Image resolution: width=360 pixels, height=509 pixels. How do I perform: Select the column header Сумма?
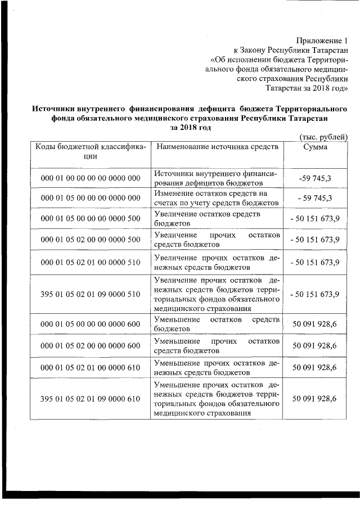(x=316, y=147)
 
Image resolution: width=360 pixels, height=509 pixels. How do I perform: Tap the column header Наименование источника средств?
(x=217, y=147)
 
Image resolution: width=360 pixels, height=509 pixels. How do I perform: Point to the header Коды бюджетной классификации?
(x=90, y=151)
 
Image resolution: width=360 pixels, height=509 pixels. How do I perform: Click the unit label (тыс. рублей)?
(x=322, y=137)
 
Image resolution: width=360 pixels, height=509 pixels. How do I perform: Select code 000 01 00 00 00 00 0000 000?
(x=90, y=178)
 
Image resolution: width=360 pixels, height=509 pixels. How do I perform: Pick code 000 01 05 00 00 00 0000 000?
(x=90, y=198)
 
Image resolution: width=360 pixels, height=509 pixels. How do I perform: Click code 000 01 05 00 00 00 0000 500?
(x=90, y=219)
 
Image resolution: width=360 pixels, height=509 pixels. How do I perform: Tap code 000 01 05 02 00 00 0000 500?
(x=90, y=240)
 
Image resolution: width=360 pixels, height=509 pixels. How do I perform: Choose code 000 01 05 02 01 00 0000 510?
(x=90, y=262)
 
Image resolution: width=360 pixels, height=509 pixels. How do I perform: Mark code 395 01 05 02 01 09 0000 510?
(x=90, y=294)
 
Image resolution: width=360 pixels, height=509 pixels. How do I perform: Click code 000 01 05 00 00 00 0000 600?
(x=90, y=325)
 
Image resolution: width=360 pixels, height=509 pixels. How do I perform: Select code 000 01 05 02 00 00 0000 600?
(x=90, y=346)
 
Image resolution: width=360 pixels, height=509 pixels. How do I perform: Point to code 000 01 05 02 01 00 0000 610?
(x=90, y=367)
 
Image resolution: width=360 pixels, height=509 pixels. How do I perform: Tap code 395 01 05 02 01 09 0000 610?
(x=90, y=399)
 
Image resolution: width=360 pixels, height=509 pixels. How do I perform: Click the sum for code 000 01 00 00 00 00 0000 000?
(x=316, y=178)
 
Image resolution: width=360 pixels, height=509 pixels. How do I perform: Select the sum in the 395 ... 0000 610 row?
(x=314, y=399)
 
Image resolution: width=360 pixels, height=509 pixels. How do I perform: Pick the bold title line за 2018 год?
(x=190, y=128)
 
